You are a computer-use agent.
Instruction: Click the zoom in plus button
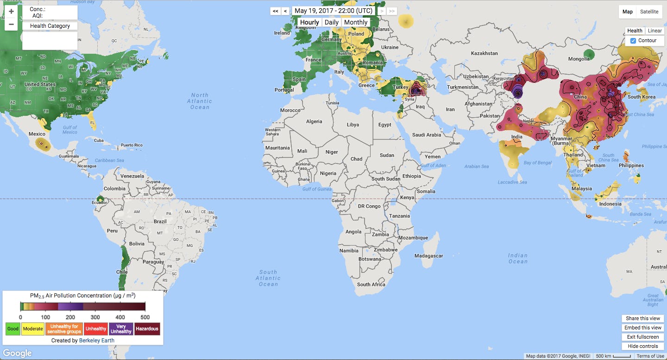click(11, 12)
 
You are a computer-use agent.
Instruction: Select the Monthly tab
click(356, 22)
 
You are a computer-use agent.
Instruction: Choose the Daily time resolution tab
click(331, 22)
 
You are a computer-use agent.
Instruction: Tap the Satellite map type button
click(649, 12)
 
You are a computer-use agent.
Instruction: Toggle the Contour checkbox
click(633, 41)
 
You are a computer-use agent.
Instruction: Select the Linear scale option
click(654, 31)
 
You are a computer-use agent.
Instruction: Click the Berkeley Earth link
click(96, 340)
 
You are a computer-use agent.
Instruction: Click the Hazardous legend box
click(147, 329)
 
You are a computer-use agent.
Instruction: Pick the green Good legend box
click(13, 329)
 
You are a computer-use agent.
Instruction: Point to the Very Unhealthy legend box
click(121, 329)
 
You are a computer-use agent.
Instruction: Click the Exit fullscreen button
click(643, 337)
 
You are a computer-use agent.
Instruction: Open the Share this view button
click(643, 318)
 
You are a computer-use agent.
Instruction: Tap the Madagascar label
click(428, 256)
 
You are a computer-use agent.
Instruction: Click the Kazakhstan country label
click(484, 53)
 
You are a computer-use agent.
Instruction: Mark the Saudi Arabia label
click(427, 135)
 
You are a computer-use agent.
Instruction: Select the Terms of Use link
click(650, 356)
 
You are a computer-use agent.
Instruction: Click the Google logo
click(18, 353)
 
